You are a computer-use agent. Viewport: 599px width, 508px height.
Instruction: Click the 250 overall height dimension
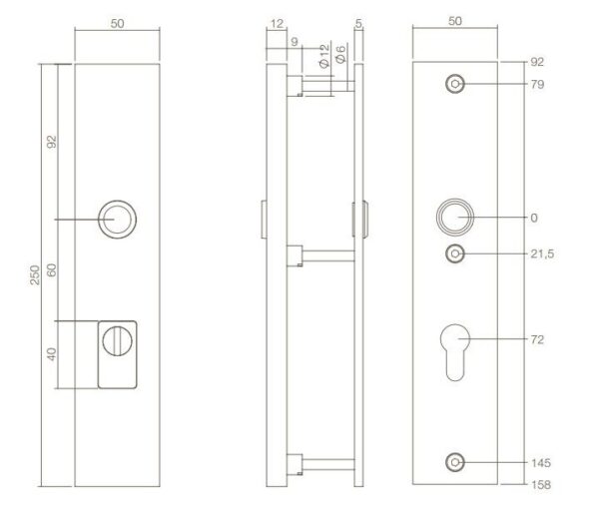click(x=35, y=274)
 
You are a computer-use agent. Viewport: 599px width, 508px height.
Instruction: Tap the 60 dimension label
click(x=52, y=270)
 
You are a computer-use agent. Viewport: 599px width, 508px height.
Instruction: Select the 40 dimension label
click(x=52, y=354)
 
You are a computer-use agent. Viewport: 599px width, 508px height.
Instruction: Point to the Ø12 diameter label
click(x=323, y=56)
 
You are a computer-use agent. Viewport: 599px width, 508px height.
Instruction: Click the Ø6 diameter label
click(x=340, y=54)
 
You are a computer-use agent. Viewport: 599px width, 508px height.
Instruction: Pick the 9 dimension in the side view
click(x=294, y=42)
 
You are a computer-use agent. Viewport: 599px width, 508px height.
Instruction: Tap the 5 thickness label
click(x=358, y=24)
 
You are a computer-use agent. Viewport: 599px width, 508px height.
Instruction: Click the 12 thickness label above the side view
click(x=277, y=24)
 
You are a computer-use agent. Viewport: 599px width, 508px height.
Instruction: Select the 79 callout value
click(x=537, y=85)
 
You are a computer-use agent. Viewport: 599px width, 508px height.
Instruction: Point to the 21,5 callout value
click(x=542, y=254)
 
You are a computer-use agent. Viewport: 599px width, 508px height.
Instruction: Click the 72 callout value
click(x=537, y=339)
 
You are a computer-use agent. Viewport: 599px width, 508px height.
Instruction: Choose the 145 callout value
click(x=541, y=463)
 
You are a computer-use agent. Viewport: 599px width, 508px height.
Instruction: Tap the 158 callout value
click(x=541, y=485)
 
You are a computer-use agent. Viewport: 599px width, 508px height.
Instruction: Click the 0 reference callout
click(x=534, y=218)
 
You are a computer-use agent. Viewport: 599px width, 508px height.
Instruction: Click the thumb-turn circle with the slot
click(x=117, y=341)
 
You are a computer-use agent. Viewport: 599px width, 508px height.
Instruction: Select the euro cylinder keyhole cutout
click(x=455, y=352)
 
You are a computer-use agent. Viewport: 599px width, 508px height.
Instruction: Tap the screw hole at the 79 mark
click(x=455, y=84)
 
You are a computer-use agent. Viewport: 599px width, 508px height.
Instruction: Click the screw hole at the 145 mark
click(x=455, y=462)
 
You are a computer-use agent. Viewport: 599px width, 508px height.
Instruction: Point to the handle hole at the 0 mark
click(x=455, y=217)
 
